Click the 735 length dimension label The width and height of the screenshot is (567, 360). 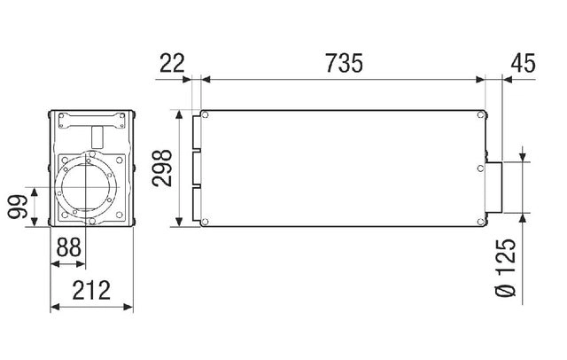point(344,63)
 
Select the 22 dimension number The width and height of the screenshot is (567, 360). point(172,63)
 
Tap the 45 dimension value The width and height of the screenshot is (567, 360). point(523,63)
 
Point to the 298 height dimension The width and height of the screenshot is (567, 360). point(161,168)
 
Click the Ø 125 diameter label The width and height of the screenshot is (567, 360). point(505,268)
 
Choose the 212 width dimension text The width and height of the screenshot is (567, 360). point(91,290)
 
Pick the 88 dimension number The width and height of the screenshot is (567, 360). point(68,247)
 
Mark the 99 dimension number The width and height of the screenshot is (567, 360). point(18,207)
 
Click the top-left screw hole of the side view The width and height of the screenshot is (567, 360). point(205,115)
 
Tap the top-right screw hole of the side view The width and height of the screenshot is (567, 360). point(480,115)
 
